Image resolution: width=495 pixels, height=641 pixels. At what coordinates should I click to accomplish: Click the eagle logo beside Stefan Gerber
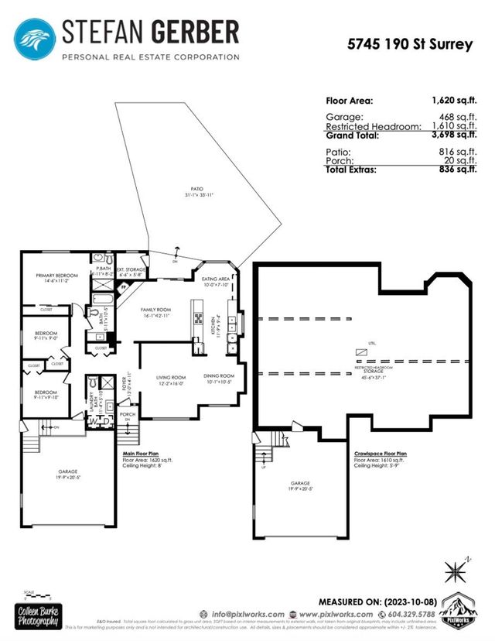pyautogui.click(x=36, y=38)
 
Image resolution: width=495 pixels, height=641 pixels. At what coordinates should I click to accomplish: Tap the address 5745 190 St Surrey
pyautogui.click(x=409, y=44)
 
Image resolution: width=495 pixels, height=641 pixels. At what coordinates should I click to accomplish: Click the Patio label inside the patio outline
pyautogui.click(x=198, y=188)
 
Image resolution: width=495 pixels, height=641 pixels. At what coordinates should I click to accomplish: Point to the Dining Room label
pyautogui.click(x=219, y=377)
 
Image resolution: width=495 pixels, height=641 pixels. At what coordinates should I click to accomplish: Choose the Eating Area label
pyautogui.click(x=215, y=279)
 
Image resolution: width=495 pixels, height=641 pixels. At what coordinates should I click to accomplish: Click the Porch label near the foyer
pyautogui.click(x=128, y=414)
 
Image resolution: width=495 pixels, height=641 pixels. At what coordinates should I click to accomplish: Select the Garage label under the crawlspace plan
pyautogui.click(x=301, y=485)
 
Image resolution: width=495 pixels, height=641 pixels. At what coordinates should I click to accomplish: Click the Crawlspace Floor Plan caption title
pyautogui.click(x=381, y=454)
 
